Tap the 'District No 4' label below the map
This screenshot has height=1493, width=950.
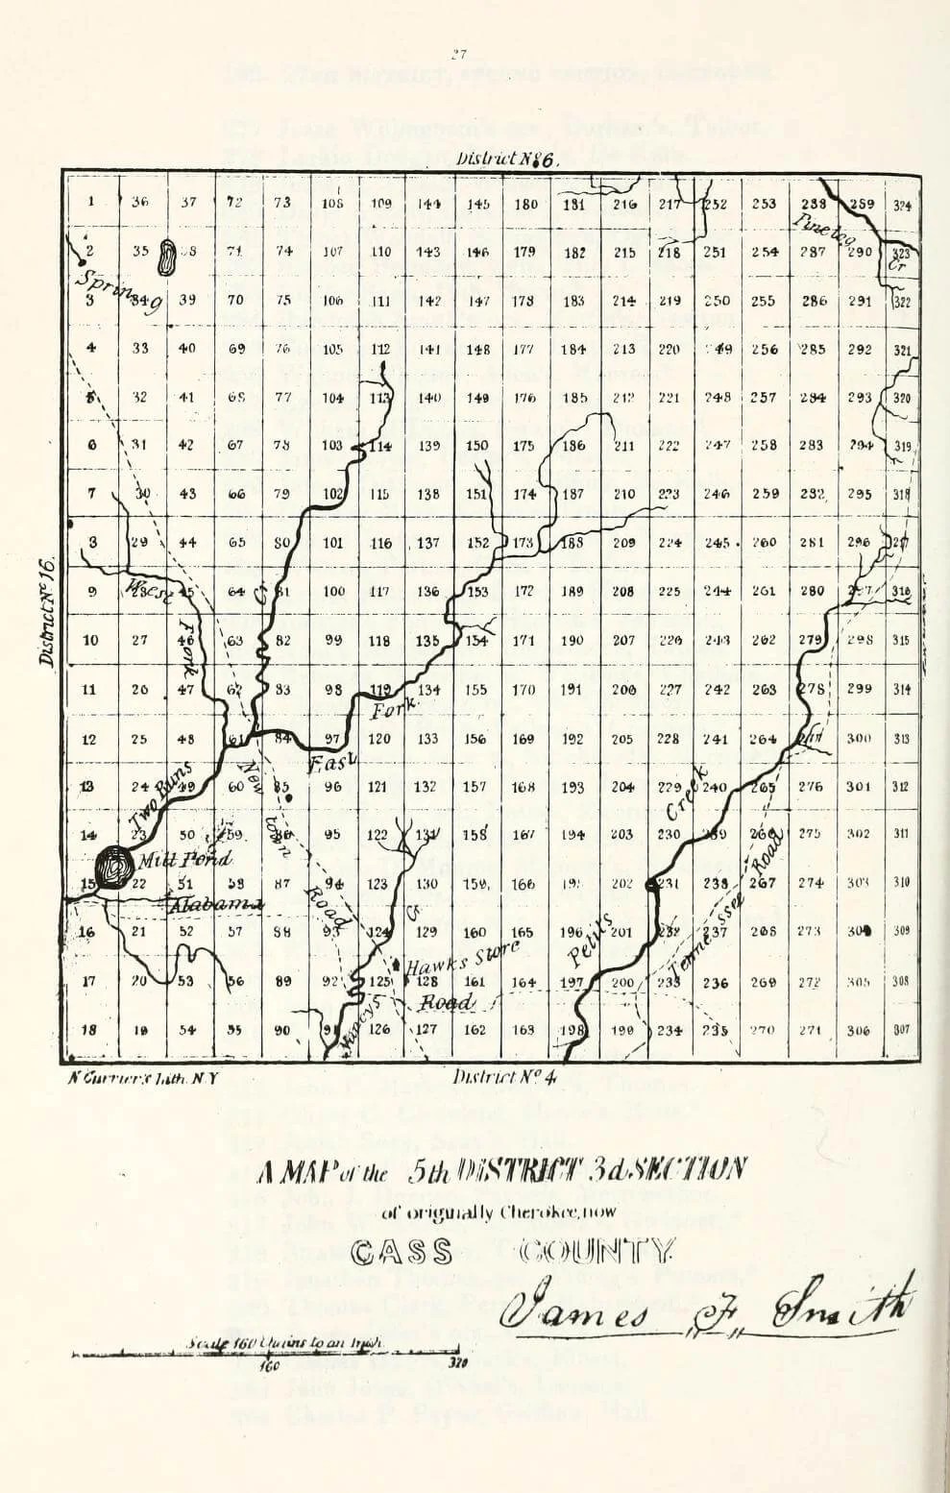pos(505,1076)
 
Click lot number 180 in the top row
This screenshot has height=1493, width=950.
pos(525,204)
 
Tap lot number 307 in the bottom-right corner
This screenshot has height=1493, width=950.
pos(901,1030)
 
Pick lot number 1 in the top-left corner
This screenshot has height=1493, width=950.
pos(91,202)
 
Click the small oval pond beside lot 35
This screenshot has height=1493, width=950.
pos(166,256)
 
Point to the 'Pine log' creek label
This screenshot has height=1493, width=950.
pos(824,229)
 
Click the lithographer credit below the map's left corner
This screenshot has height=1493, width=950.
pos(144,1078)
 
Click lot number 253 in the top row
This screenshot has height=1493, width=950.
pos(764,204)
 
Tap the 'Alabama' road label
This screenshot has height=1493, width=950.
pos(204,904)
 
